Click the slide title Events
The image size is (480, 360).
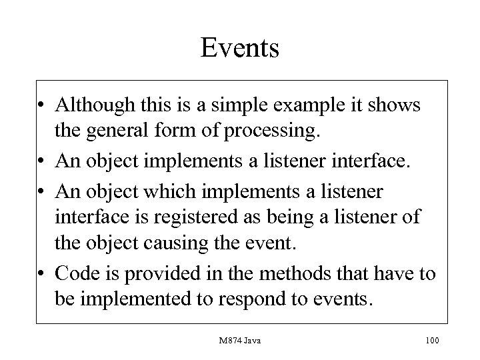pos(240,48)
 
